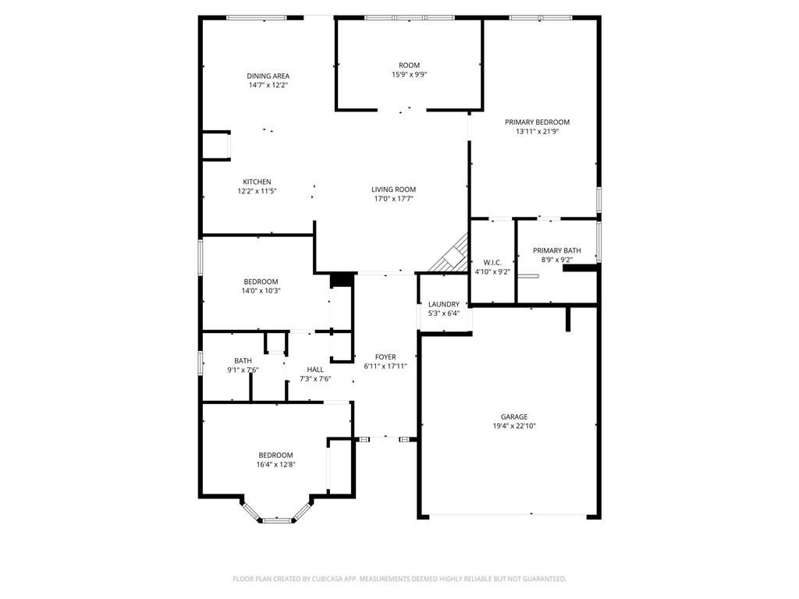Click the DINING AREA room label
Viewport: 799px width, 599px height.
pyautogui.click(x=268, y=76)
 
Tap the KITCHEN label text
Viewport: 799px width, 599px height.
pyautogui.click(x=257, y=182)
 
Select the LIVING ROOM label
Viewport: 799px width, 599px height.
pyautogui.click(x=393, y=190)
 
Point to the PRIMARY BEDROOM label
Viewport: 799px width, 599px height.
pyautogui.click(x=537, y=122)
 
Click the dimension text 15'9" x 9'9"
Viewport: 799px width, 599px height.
pyautogui.click(x=409, y=74)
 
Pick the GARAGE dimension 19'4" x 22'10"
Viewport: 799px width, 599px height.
pyautogui.click(x=514, y=426)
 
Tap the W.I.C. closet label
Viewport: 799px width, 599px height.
pyautogui.click(x=492, y=262)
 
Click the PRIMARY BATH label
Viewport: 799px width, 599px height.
pyautogui.click(x=557, y=250)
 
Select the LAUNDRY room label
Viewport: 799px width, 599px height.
pyautogui.click(x=444, y=304)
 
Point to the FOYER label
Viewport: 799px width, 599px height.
pyautogui.click(x=385, y=357)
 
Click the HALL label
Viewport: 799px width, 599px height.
pyautogui.click(x=315, y=370)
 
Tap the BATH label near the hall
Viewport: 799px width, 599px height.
pyautogui.click(x=243, y=360)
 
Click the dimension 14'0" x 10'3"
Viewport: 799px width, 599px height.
pyautogui.click(x=261, y=291)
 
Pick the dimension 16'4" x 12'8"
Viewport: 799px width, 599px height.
pyautogui.click(x=275, y=465)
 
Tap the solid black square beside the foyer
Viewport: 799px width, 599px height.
pyautogui.click(x=342, y=281)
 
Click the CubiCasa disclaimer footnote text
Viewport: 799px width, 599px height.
pyautogui.click(x=399, y=579)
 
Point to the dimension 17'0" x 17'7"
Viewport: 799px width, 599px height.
pyautogui.click(x=393, y=199)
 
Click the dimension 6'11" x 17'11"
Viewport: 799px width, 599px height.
pyautogui.click(x=385, y=367)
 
